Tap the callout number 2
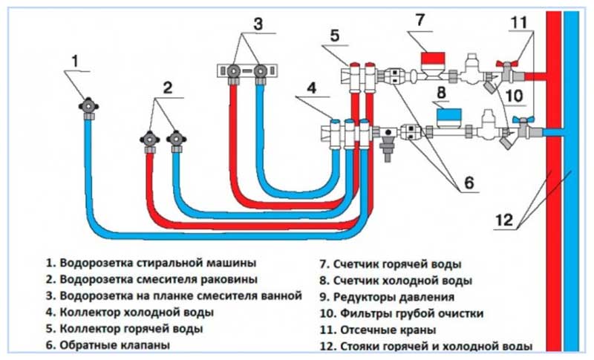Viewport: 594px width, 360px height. pos(168,88)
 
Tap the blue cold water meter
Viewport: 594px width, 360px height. pos(447,115)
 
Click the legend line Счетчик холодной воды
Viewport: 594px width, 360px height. pos(394,281)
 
